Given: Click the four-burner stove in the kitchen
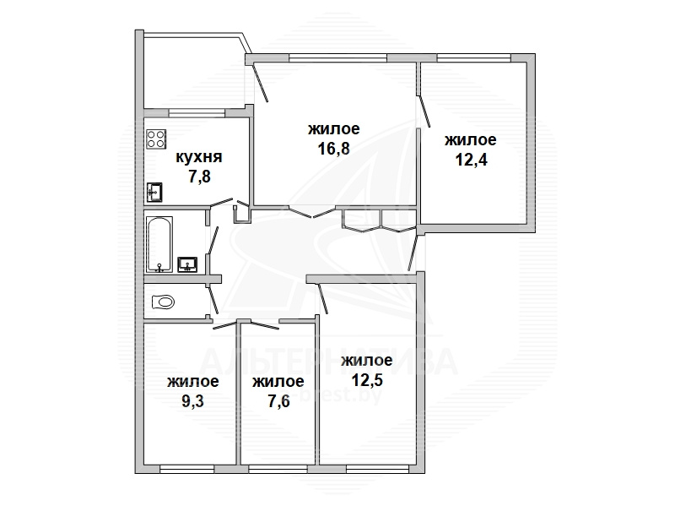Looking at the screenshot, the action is point(156,139).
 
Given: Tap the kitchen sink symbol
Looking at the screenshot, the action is point(154,192).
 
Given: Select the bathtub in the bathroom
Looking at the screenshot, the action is point(159,244).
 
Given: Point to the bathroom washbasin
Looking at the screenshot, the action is point(187,264).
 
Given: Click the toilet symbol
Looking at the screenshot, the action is point(163,302).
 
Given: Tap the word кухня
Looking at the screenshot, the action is point(199,156).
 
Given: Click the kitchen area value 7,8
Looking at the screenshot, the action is point(199,177).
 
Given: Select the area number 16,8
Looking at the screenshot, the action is point(333,149).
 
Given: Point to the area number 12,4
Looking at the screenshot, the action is point(471,160).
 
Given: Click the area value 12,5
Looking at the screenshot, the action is point(367,380).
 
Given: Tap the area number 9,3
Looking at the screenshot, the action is point(192,401).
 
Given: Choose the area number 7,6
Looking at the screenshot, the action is point(278,401).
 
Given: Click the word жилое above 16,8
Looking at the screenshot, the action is point(333,128).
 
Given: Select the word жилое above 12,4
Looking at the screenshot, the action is point(470,139).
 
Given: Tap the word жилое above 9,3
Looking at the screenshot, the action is point(193,381).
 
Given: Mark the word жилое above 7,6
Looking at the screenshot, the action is point(278,381).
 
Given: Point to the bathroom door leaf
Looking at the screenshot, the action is point(213,240).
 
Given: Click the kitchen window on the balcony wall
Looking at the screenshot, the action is point(197,113).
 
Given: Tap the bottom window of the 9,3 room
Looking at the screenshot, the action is point(186,468).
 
